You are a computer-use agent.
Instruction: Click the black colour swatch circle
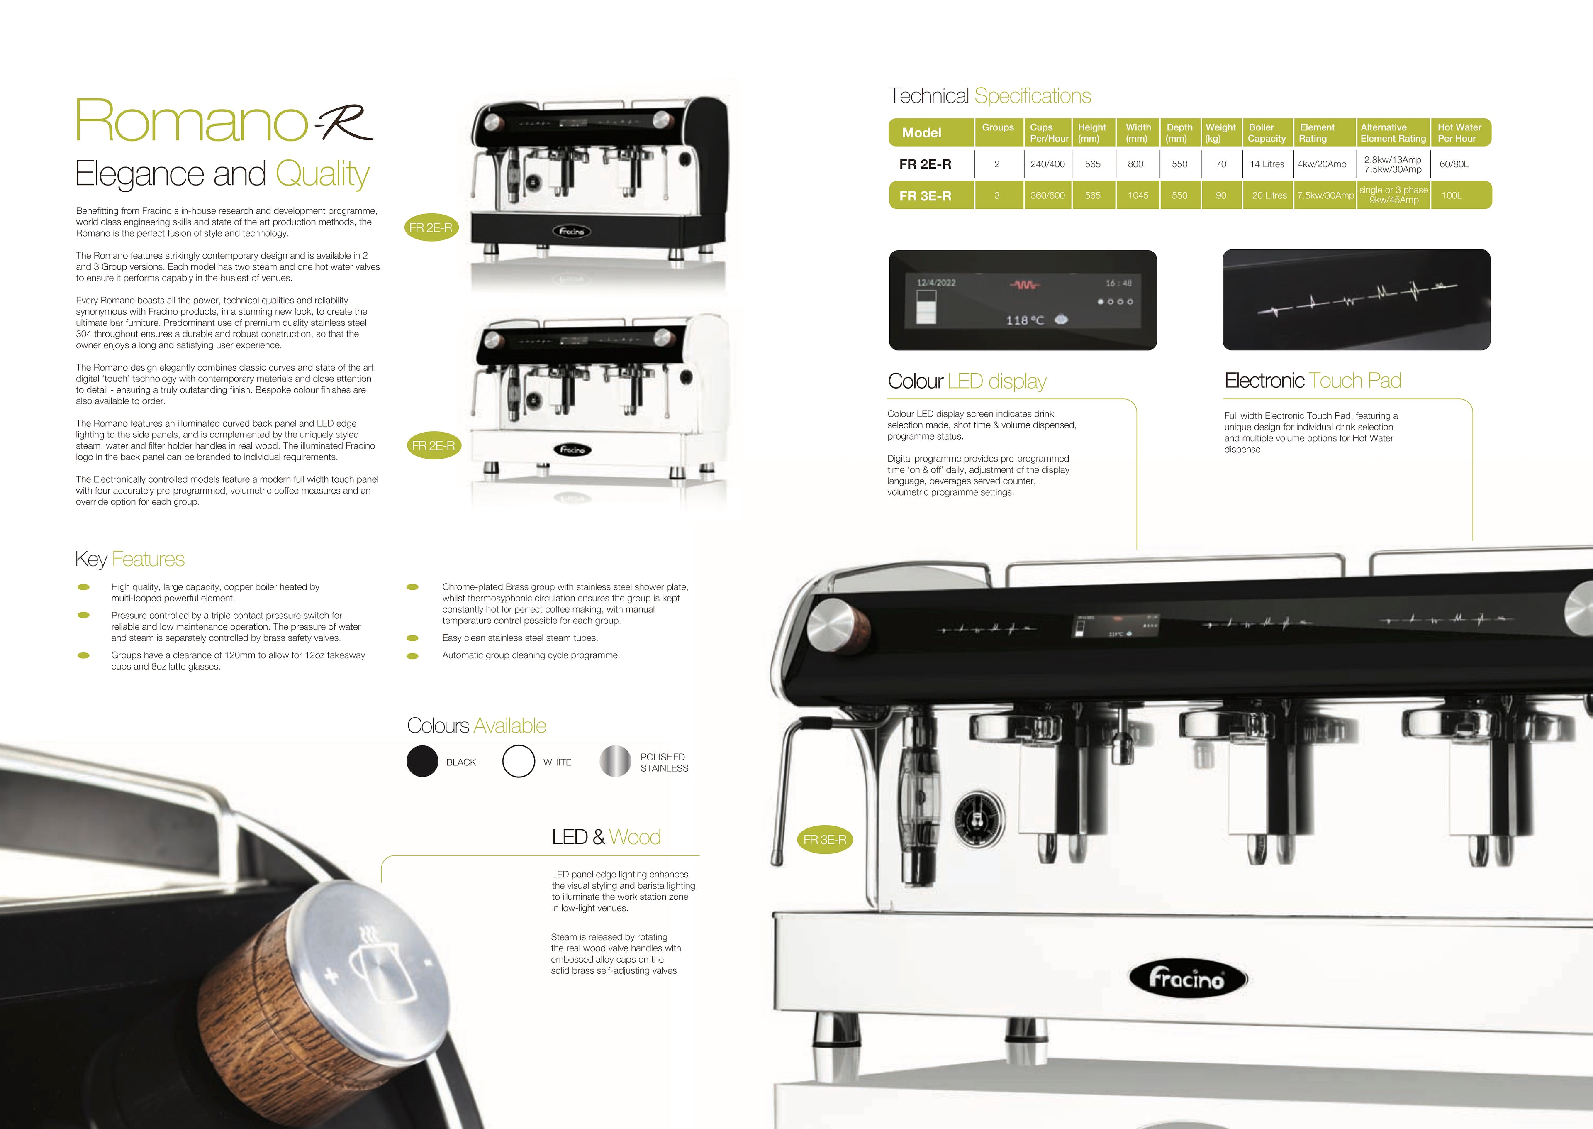(422, 761)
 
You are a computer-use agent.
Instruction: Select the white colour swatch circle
(518, 761)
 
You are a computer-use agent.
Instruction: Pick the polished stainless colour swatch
(615, 761)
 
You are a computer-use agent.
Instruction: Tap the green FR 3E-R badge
(825, 840)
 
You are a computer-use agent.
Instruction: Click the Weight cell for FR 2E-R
(1220, 164)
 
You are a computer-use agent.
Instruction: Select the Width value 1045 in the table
(1138, 195)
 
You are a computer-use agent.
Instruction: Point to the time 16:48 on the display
(1118, 283)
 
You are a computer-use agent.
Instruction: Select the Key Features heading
(130, 559)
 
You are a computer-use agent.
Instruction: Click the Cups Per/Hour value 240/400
(1047, 164)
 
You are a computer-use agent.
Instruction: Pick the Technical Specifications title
(990, 96)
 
